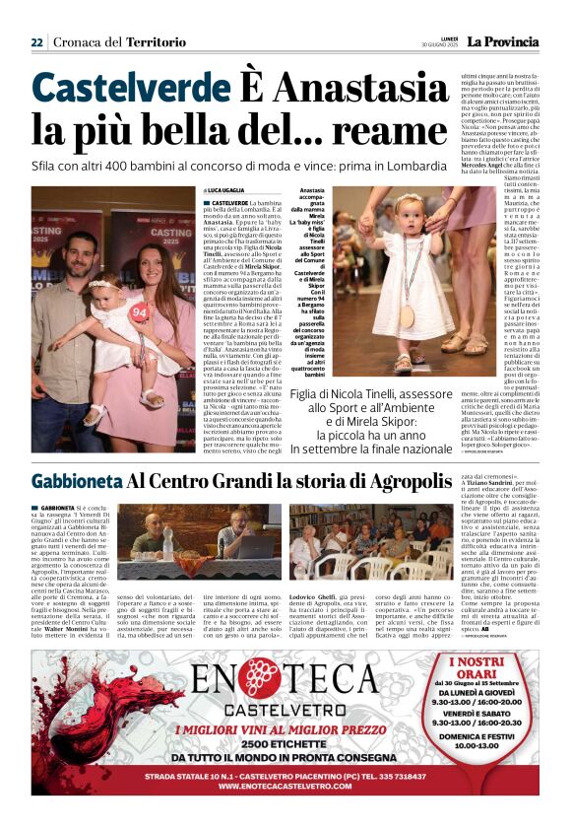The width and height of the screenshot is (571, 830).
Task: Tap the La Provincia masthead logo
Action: (x=502, y=41)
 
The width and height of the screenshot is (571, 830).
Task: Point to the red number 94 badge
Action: (x=139, y=311)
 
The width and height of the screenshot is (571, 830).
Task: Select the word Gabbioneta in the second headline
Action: (x=77, y=482)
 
